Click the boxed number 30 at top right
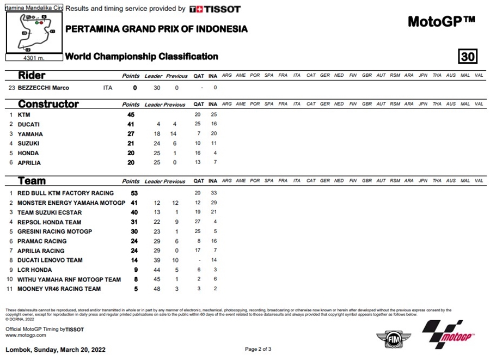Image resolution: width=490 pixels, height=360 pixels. pyautogui.click(x=468, y=57)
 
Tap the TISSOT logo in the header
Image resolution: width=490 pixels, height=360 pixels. pyautogui.click(x=215, y=9)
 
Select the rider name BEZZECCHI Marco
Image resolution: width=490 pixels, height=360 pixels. pyautogui.click(x=44, y=88)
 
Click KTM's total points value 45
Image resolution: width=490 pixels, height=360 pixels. pyautogui.click(x=131, y=115)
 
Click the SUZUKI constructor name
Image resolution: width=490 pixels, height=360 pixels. pyautogui.click(x=29, y=144)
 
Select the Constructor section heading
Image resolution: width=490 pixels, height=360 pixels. pyautogui.click(x=48, y=104)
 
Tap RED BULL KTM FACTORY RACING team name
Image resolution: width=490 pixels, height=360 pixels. pyautogui.click(x=65, y=193)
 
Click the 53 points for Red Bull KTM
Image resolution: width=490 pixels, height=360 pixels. pyautogui.click(x=134, y=193)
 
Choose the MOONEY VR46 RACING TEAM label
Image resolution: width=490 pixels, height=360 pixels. pyautogui.click(x=59, y=289)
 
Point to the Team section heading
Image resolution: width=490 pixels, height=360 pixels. pyautogui.click(x=32, y=181)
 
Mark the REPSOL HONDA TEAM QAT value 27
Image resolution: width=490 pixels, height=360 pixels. pyautogui.click(x=198, y=222)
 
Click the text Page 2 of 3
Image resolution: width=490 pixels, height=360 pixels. pyautogui.click(x=258, y=349)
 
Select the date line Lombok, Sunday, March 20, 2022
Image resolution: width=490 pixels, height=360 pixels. pyautogui.click(x=55, y=349)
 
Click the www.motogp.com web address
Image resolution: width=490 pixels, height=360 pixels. pyautogui.click(x=26, y=335)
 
